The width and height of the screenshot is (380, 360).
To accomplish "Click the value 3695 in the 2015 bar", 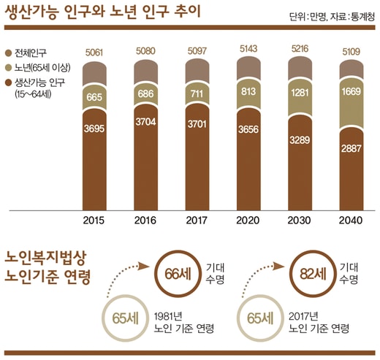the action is (94, 129).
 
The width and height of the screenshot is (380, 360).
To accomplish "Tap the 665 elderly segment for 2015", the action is (94, 97).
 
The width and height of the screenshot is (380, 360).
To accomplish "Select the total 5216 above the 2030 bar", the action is (300, 49).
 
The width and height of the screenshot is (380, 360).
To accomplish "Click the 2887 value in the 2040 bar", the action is (351, 148).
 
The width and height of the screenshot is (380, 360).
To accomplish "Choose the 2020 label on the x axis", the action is (248, 221).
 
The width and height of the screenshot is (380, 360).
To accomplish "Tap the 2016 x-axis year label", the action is (145, 221).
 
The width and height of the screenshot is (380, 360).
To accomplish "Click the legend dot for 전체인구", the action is (9, 53).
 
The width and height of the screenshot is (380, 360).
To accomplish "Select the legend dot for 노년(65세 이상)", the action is (9, 68).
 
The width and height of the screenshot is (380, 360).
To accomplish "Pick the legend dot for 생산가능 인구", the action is (9, 83).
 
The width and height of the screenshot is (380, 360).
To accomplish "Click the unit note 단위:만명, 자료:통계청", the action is (332, 17).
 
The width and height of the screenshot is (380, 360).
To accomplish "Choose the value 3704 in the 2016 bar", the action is (145, 122).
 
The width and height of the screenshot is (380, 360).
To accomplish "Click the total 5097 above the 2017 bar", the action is (197, 51).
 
